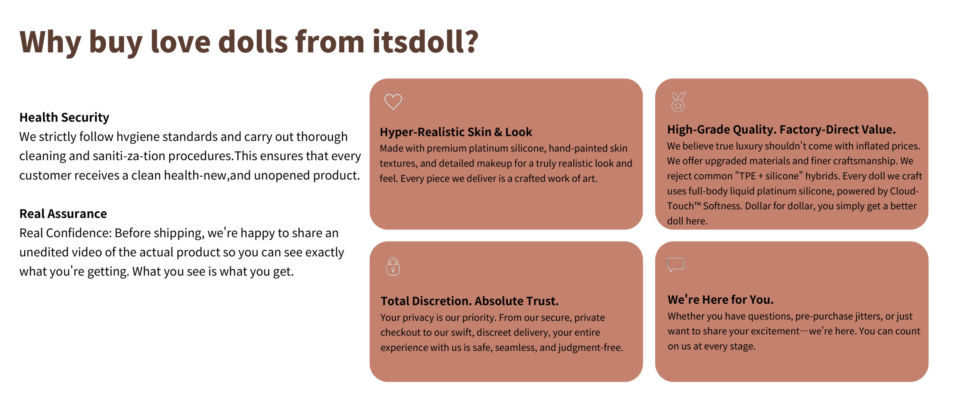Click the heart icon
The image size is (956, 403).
click(393, 102)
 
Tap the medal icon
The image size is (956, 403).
click(678, 102)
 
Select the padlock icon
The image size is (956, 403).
click(393, 267)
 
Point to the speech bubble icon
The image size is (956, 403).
click(676, 264)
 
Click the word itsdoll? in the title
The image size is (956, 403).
click(425, 41)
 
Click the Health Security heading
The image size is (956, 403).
click(64, 117)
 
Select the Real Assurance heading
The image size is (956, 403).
click(63, 213)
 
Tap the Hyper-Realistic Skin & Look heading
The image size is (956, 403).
click(456, 132)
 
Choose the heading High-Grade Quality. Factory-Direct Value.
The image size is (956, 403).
click(781, 129)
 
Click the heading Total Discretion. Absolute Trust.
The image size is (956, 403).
click(469, 301)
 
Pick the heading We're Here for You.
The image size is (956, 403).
click(720, 299)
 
